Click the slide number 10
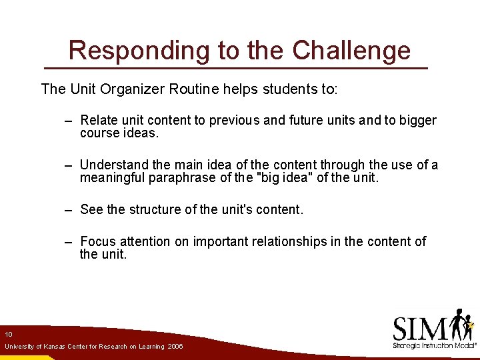pos(8,334)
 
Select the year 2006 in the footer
pos(175,347)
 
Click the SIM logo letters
pos(421,329)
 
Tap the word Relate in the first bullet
pos(99,121)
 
